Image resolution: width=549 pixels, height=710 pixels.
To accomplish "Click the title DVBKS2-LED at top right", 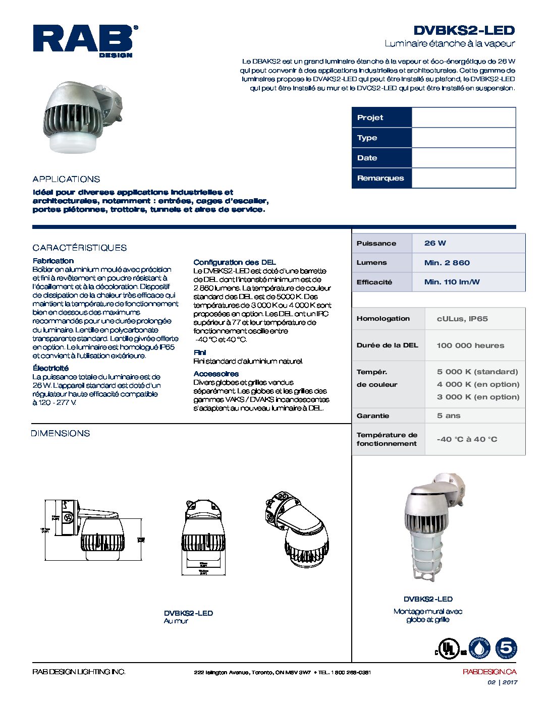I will pyautogui.click(x=464, y=30).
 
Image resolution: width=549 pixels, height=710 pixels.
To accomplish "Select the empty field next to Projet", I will pyautogui.click(x=463, y=117).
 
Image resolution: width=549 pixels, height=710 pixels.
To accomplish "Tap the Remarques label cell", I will pyautogui.click(x=381, y=178).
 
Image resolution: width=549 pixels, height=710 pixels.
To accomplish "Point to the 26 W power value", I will pyautogui.click(x=435, y=243).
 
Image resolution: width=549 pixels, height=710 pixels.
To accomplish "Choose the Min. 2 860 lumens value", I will pyautogui.click(x=447, y=263).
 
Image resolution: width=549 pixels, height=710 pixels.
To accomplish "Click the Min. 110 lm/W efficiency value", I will pyautogui.click(x=452, y=282).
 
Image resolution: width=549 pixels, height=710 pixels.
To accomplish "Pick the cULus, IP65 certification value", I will pyautogui.click(x=462, y=319).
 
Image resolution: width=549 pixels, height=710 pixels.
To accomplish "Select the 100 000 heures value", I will pyautogui.click(x=470, y=345).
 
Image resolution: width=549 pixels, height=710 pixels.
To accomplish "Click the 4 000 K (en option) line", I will pyautogui.click(x=478, y=384).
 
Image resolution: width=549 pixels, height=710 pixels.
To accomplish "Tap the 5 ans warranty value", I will pyautogui.click(x=449, y=416).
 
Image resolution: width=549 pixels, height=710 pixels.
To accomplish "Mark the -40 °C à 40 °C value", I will pyautogui.click(x=467, y=439).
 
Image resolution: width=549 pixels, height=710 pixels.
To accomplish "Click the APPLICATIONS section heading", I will pyautogui.click(x=66, y=179).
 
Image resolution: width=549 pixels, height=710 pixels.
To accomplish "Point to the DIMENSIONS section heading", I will pyautogui.click(x=60, y=433).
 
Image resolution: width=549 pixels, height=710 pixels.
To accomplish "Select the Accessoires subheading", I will pyautogui.click(x=216, y=374).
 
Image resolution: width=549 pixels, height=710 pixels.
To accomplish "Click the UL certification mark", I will pyautogui.click(x=448, y=648).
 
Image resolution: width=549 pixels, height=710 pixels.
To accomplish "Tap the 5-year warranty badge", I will pyautogui.click(x=506, y=648).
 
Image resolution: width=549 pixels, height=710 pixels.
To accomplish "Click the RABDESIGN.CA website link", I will pyautogui.click(x=489, y=672).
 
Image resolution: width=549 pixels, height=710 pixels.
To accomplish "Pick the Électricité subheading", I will pyautogui.click(x=50, y=368).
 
